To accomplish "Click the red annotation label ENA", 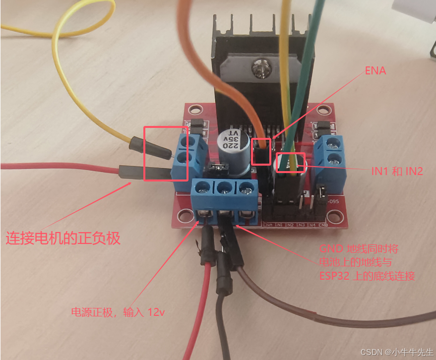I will [x=375, y=71].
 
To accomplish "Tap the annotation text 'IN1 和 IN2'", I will [x=397, y=172].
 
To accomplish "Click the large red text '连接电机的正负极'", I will [x=63, y=238].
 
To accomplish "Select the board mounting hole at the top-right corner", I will [x=325, y=111].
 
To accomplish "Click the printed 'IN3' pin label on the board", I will [x=300, y=225].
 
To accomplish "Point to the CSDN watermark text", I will [x=397, y=352].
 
